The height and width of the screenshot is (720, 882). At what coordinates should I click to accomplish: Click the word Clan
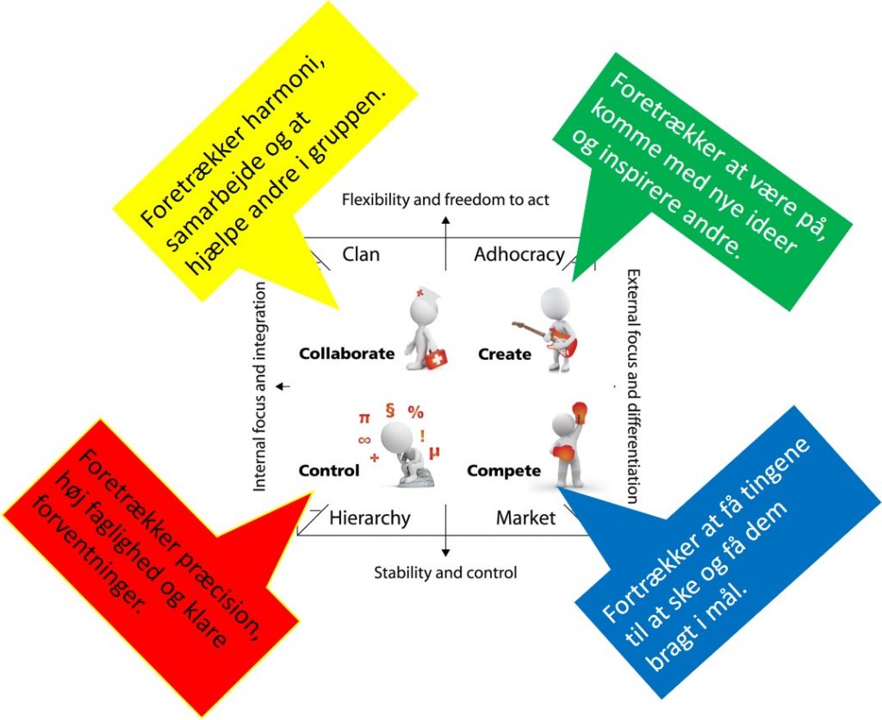pyautogui.click(x=361, y=254)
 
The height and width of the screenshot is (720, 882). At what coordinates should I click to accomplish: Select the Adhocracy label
pyautogui.click(x=519, y=254)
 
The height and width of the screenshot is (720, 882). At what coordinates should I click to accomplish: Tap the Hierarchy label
pyautogui.click(x=370, y=518)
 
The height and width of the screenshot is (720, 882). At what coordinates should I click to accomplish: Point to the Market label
pyautogui.click(x=525, y=518)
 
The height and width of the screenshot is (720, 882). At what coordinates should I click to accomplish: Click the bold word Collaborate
pyautogui.click(x=346, y=353)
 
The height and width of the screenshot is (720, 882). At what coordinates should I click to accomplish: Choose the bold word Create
pyautogui.click(x=504, y=354)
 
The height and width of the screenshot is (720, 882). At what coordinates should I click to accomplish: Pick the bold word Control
pyautogui.click(x=328, y=470)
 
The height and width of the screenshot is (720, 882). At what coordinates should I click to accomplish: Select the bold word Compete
pyautogui.click(x=504, y=470)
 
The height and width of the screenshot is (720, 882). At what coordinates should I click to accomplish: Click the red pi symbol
pyautogui.click(x=363, y=417)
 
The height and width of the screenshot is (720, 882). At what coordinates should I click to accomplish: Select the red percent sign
pyautogui.click(x=416, y=411)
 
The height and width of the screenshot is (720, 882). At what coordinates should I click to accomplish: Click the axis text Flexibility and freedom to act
pyautogui.click(x=445, y=201)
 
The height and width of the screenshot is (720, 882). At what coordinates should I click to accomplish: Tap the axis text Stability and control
pyautogui.click(x=445, y=572)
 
